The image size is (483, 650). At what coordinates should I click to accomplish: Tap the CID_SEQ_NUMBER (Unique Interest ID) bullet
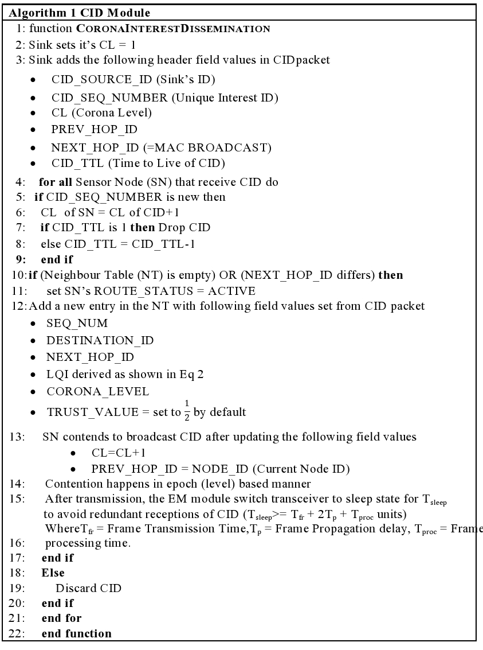coord(164,98)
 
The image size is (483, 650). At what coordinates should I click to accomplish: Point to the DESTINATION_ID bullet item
coord(100,341)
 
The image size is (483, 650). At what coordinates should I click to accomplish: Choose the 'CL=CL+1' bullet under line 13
coord(117,453)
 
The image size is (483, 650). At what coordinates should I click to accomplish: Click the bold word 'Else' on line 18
coord(53,573)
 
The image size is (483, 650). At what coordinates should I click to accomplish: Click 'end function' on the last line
coord(77,634)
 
